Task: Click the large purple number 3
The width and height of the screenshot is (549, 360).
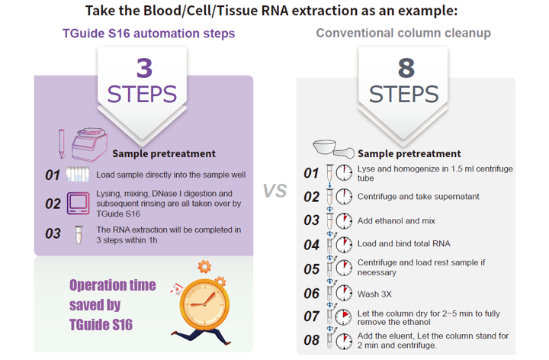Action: tap(143, 68)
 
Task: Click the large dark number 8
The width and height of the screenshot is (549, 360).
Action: tap(405, 68)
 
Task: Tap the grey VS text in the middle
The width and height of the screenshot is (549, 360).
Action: tap(275, 190)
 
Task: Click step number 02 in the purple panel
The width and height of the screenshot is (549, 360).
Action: tap(52, 204)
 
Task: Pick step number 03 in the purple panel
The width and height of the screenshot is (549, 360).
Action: tap(52, 233)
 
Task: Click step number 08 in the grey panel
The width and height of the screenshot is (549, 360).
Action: tap(311, 339)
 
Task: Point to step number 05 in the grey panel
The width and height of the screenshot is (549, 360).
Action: tap(311, 268)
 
